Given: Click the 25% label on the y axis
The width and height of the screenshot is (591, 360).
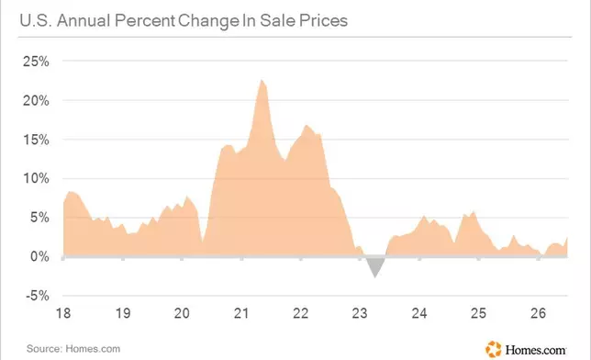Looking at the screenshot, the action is (36, 62).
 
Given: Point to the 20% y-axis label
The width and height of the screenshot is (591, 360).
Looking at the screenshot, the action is (36, 101).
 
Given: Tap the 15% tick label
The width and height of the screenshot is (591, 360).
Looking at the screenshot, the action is (36, 140).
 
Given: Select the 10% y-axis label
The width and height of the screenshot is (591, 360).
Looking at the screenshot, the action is (36, 178).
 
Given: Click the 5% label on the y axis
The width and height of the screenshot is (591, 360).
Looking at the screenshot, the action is (39, 218).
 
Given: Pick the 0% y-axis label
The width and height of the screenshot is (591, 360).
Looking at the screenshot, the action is (39, 257).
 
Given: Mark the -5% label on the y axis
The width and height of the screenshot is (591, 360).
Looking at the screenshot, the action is (38, 296).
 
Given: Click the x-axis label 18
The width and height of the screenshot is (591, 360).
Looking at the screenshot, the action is (63, 313).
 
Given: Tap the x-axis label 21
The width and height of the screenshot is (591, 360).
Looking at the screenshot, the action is (241, 313).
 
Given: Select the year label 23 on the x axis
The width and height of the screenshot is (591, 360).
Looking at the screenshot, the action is (360, 313).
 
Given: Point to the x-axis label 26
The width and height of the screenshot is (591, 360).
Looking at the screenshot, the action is (538, 313).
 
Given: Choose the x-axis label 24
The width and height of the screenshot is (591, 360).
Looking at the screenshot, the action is (419, 313).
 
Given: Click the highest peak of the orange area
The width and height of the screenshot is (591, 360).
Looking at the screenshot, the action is (262, 80).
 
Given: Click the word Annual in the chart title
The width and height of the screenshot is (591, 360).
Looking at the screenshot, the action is (84, 21).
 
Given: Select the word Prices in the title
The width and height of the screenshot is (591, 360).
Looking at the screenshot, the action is (323, 21).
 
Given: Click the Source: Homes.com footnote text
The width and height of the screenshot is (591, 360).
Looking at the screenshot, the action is (73, 349).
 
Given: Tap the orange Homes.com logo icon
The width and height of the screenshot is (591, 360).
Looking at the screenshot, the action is (494, 349).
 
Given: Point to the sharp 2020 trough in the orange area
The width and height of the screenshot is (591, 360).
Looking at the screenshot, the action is (203, 242).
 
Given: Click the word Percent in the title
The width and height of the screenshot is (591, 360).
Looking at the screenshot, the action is (145, 21).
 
